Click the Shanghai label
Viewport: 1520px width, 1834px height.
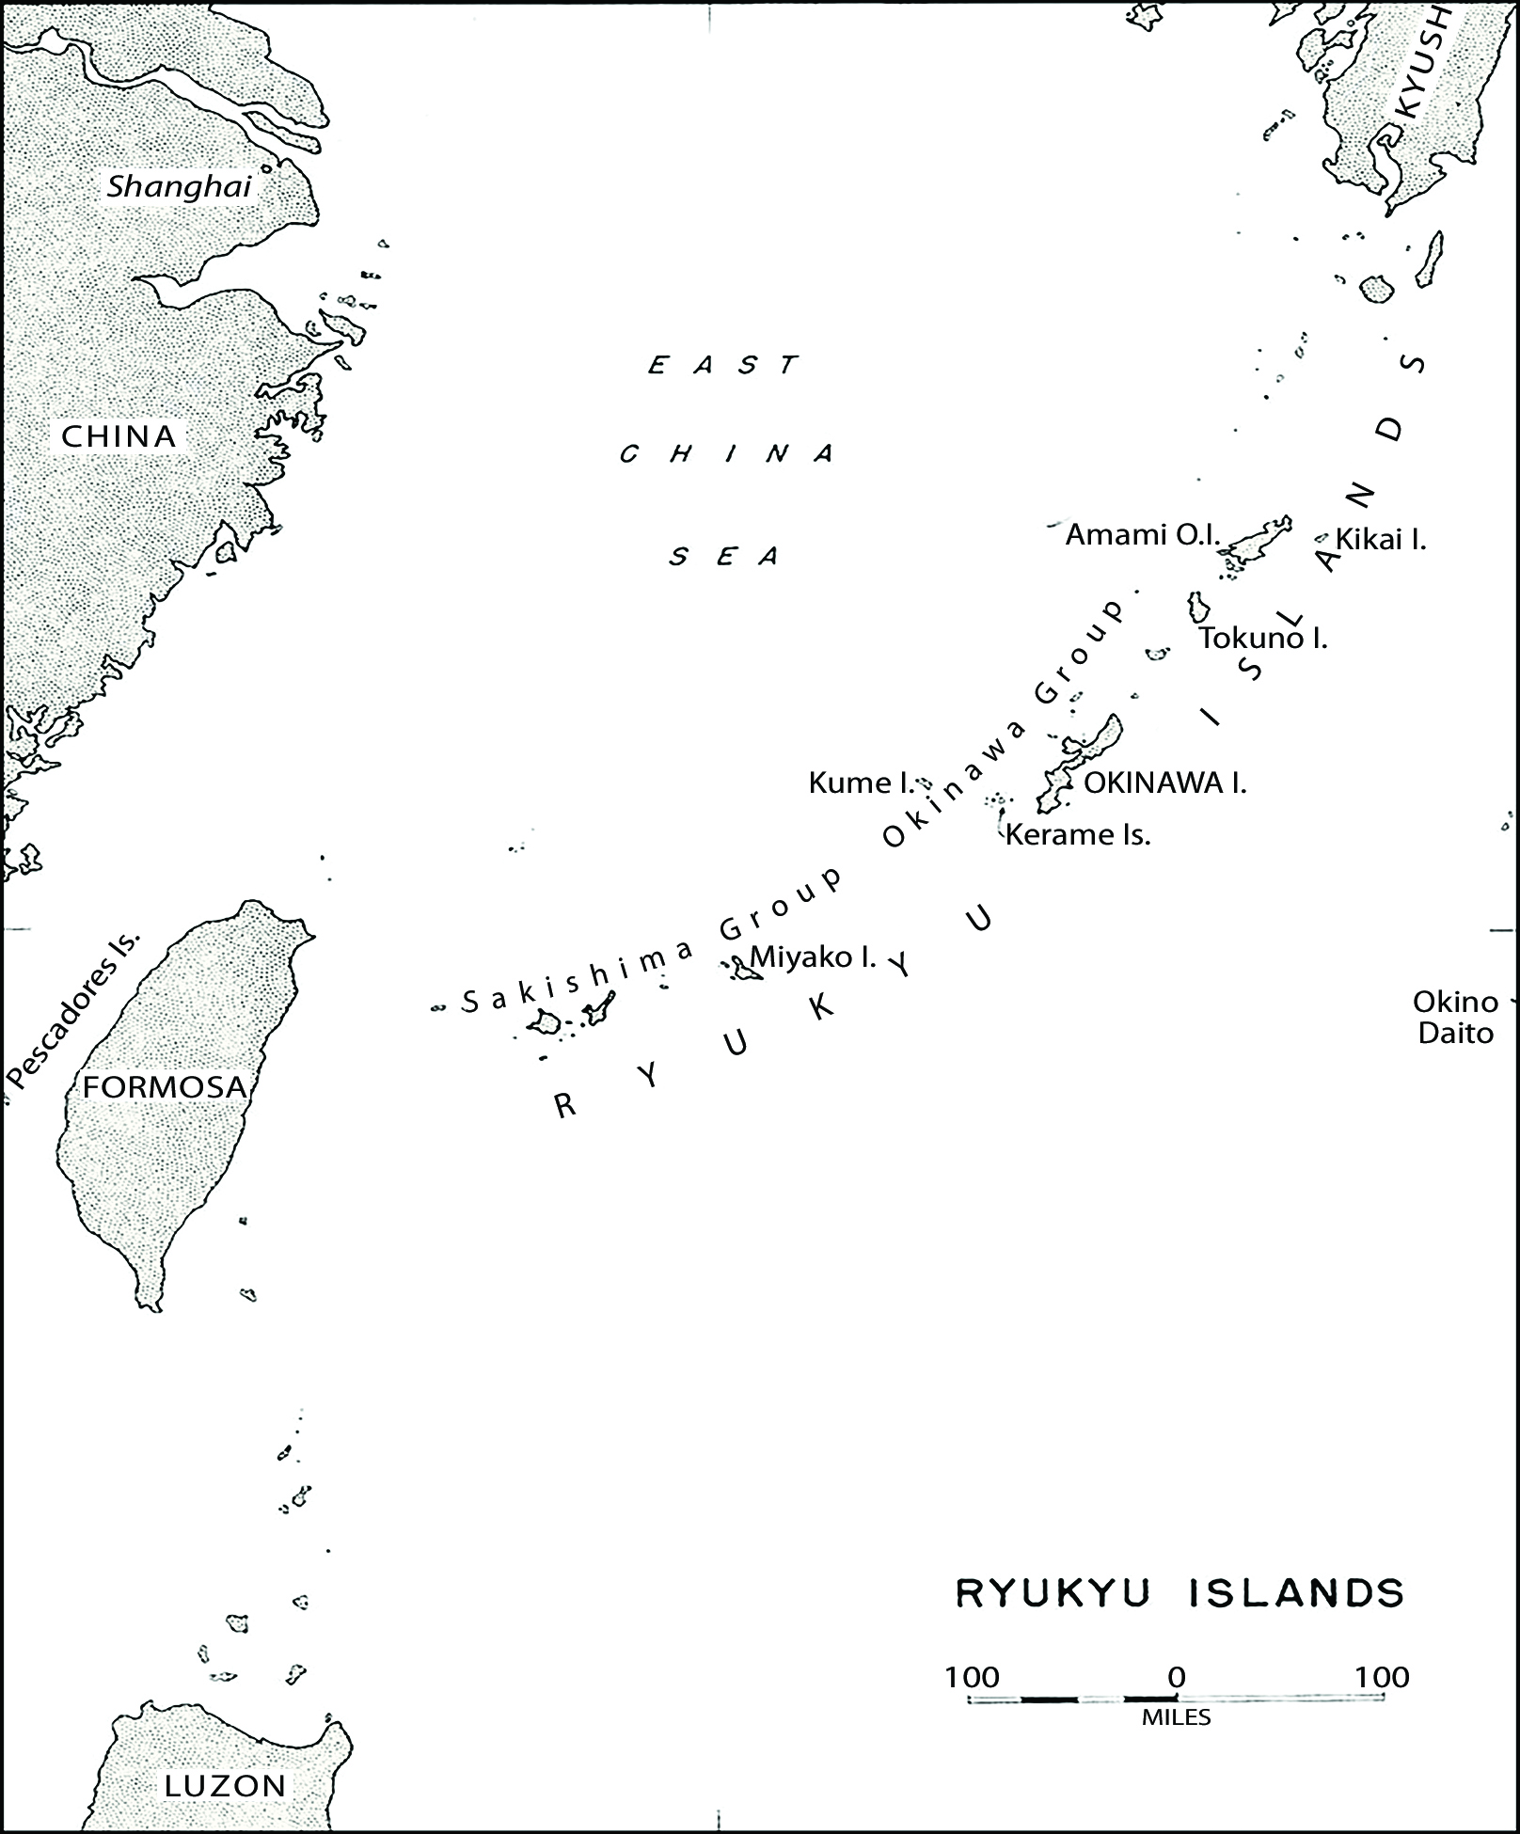coord(179,187)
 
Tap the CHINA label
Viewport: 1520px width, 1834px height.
coord(119,436)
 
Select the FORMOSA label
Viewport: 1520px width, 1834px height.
coord(165,1087)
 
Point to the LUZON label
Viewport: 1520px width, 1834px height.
coord(225,1786)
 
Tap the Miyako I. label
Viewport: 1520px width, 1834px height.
coord(813,957)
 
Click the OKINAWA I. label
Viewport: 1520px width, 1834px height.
coord(1164,783)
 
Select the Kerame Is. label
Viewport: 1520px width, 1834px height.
coord(1078,834)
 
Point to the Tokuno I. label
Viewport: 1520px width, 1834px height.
coord(1263,639)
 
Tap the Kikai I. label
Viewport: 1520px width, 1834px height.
coord(1380,540)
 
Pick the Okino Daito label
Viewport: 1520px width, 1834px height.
coord(1455,1018)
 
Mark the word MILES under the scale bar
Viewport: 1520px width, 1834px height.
coord(1176,1718)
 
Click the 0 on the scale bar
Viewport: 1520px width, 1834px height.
coord(1176,1678)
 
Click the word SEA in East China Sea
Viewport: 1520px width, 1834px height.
coord(724,557)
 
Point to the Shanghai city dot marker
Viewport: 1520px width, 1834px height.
coord(266,170)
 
